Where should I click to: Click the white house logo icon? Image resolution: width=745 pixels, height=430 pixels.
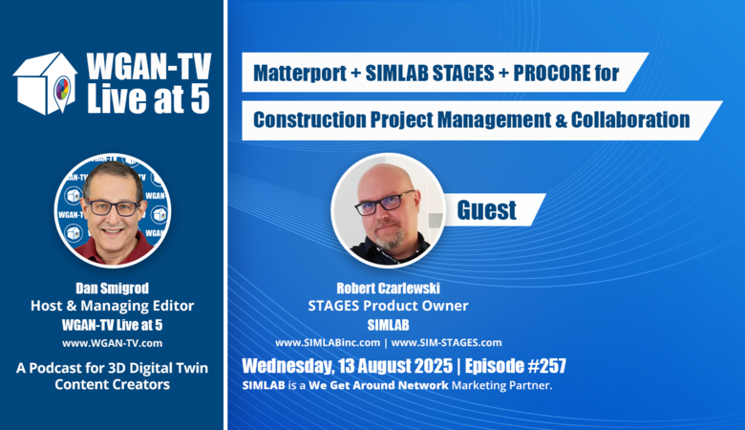(45, 83)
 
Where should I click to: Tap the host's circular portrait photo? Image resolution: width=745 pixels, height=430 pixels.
(113, 210)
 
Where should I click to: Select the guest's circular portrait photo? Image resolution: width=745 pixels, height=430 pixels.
(389, 210)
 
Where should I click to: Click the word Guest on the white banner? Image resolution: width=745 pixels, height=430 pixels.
(486, 209)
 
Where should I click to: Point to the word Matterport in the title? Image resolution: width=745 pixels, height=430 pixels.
(300, 74)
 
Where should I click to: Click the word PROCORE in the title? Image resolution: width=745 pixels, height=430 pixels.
(545, 73)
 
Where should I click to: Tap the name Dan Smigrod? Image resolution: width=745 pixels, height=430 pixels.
(112, 288)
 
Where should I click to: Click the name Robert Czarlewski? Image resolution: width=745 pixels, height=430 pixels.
(388, 288)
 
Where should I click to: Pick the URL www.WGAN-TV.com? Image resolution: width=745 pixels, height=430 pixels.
(112, 343)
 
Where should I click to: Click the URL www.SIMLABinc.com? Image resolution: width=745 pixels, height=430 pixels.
(328, 343)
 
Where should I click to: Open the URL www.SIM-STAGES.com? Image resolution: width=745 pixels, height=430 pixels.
(446, 343)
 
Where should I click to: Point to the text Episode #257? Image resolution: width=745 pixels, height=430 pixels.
(516, 366)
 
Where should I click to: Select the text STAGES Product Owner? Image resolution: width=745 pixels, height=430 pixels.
(388, 306)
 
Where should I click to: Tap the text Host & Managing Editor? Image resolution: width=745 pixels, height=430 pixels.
(112, 306)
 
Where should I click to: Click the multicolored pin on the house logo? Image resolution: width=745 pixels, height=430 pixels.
(62, 89)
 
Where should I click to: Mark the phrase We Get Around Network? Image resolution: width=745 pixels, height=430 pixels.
(378, 385)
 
